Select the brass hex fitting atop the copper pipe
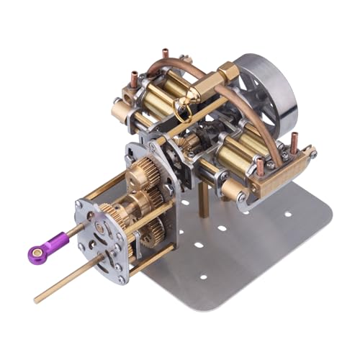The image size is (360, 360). point(225,72)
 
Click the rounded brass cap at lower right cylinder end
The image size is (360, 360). point(232,191)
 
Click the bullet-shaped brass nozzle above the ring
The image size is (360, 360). point(197,94)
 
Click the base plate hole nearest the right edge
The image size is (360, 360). point(288,214)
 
